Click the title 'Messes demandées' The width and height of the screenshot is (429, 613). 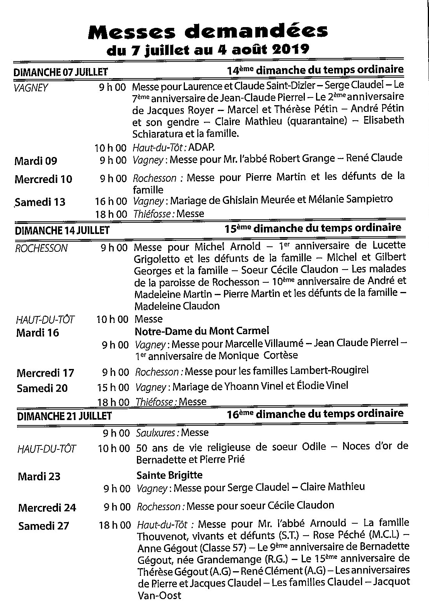tap(208, 31)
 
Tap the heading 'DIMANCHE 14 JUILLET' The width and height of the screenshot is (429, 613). tap(62, 231)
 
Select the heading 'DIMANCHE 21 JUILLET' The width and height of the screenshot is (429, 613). tap(65, 416)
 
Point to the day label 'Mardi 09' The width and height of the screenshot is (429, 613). tap(36, 161)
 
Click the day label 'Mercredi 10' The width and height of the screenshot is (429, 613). tap(43, 179)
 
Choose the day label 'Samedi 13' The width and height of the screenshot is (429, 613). tap(40, 202)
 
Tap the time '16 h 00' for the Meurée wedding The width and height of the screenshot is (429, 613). tap(111, 201)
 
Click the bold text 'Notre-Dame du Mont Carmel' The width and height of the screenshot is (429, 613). tap(202, 331)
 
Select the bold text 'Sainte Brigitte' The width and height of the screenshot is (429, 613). tap(169, 475)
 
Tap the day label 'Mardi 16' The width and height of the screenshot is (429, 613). tap(38, 333)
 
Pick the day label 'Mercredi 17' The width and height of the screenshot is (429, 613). tap(45, 373)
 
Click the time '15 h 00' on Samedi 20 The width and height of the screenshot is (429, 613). tap(113, 386)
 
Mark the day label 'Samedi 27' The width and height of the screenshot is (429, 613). tap(43, 526)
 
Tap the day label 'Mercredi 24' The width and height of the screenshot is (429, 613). tap(47, 507)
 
